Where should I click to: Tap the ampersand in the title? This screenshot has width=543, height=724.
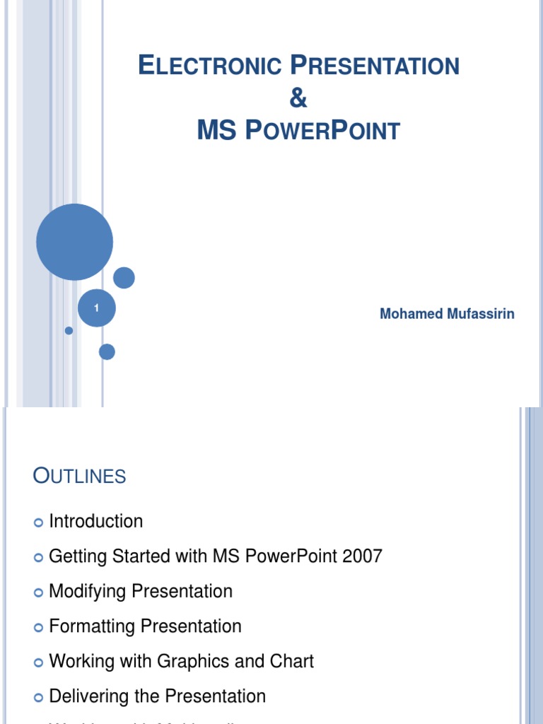pyautogui.click(x=298, y=99)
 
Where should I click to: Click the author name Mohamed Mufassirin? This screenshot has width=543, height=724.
pyautogui.click(x=447, y=314)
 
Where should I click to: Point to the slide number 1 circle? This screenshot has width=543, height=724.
pyautogui.click(x=96, y=308)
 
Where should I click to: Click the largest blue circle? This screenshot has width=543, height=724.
pyautogui.click(x=74, y=242)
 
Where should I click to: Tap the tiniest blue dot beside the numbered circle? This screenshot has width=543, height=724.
pyautogui.click(x=69, y=330)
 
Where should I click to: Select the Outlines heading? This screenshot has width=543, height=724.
pyautogui.click(x=79, y=477)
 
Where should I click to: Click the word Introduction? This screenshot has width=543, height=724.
pyautogui.click(x=95, y=522)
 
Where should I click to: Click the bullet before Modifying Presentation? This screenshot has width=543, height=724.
pyautogui.click(x=38, y=592)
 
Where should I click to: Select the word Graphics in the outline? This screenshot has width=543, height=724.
pyautogui.click(x=193, y=662)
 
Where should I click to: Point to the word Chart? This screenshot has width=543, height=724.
pyautogui.click(x=292, y=662)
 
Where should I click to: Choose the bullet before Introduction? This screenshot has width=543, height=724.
pyautogui.click(x=38, y=522)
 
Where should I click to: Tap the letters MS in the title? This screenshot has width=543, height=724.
pyautogui.click(x=215, y=131)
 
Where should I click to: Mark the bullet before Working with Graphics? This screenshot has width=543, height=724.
pyautogui.click(x=38, y=662)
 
